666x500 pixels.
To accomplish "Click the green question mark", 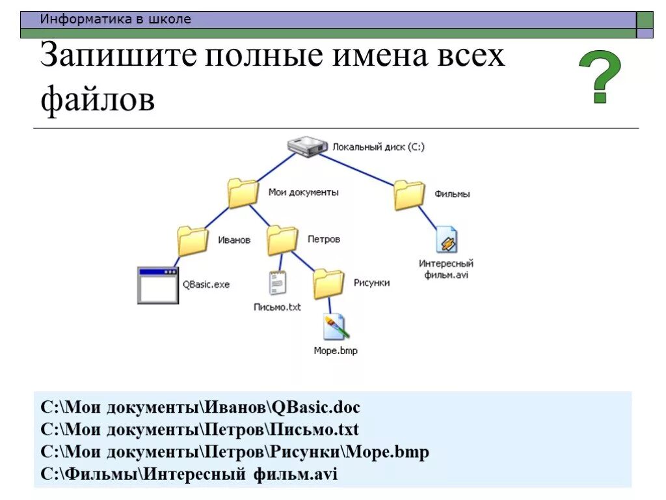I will click(x=600, y=77).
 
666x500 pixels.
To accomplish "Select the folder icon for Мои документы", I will click(x=243, y=193).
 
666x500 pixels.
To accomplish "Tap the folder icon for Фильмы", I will click(x=409, y=195).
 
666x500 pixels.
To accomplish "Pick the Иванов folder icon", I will click(x=193, y=240).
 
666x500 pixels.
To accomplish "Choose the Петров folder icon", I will click(x=282, y=240).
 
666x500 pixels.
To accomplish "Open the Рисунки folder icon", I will click(x=328, y=283).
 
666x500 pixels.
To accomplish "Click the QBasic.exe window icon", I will click(x=157, y=285).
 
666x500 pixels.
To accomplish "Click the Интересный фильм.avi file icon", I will click(x=447, y=240).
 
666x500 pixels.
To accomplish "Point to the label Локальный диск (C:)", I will click(x=379, y=147).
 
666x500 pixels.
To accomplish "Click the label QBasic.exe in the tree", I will click(x=206, y=285).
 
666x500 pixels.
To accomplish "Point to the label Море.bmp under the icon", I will click(x=336, y=351).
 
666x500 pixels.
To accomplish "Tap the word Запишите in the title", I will click(x=118, y=57).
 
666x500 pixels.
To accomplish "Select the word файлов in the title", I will click(x=98, y=100).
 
